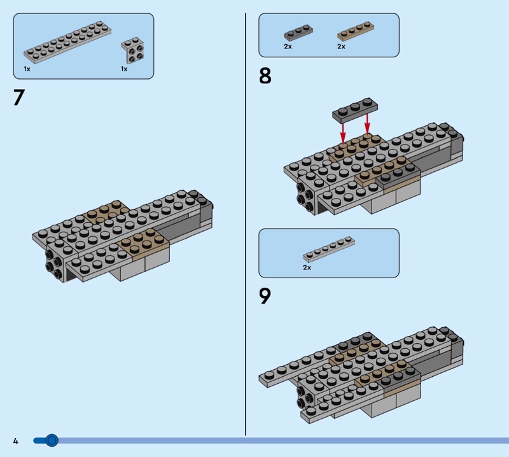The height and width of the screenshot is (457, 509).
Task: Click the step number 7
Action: click(18, 97)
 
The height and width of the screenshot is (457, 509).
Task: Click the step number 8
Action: click(265, 76)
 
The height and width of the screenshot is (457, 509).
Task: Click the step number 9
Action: click(265, 296)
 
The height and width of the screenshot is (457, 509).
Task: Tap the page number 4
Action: click(15, 440)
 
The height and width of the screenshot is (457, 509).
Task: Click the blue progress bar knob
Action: click(52, 440)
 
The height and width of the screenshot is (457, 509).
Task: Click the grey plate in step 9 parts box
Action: click(328, 249)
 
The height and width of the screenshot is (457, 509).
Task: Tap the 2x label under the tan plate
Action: click(341, 46)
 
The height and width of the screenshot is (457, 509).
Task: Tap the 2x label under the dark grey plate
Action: click(288, 46)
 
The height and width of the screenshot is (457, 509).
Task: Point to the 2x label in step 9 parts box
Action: click(307, 268)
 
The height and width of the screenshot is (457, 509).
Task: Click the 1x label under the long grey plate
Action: click(27, 68)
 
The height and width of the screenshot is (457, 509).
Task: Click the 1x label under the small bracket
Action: click(124, 68)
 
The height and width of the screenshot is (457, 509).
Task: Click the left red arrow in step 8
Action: click(343, 132)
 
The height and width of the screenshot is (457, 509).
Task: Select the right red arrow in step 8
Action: click(367, 125)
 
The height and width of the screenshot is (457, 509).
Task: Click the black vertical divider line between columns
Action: click(246, 223)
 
